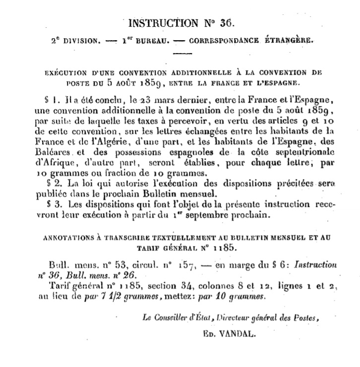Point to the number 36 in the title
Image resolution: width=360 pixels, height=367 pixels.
[x=225, y=23]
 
